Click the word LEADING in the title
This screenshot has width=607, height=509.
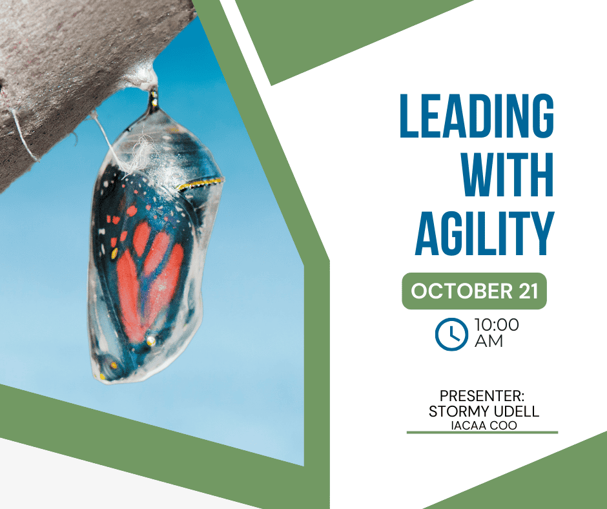(477, 116)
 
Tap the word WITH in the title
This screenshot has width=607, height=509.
(508, 174)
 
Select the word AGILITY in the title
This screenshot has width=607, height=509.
(485, 234)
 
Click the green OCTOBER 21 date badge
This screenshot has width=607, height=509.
(474, 291)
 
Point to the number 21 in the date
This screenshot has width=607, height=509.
(528, 291)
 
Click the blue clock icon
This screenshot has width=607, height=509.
(451, 335)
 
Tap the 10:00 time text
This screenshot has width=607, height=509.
(497, 325)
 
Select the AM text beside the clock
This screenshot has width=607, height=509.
(489, 341)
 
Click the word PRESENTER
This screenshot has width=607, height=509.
(482, 396)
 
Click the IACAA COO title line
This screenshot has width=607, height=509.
(484, 425)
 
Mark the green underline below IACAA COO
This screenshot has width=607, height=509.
(482, 432)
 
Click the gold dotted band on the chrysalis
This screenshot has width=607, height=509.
(201, 183)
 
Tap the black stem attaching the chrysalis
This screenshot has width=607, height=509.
(154, 101)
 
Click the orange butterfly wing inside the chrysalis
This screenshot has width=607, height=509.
(147, 279)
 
